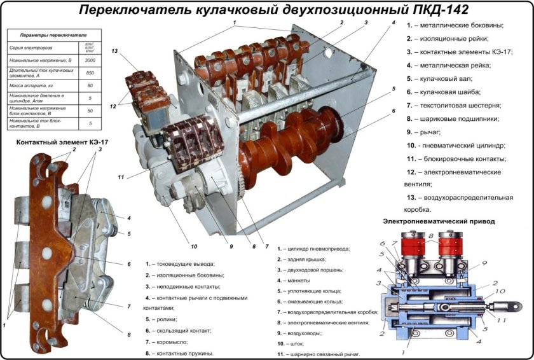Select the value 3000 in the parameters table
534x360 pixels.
click(90, 59)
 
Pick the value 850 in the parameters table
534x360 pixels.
click(90, 72)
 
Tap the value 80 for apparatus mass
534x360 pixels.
click(90, 85)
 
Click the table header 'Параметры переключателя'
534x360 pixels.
click(53, 36)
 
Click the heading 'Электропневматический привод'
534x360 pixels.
click(439, 221)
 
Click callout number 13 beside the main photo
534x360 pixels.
click(114, 51)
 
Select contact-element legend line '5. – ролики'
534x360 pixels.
click(161, 319)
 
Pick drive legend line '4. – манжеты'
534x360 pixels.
click(294, 280)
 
